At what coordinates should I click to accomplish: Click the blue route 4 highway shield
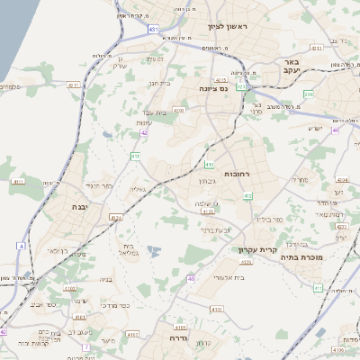point(21,245)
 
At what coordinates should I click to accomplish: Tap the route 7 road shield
point(85,346)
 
